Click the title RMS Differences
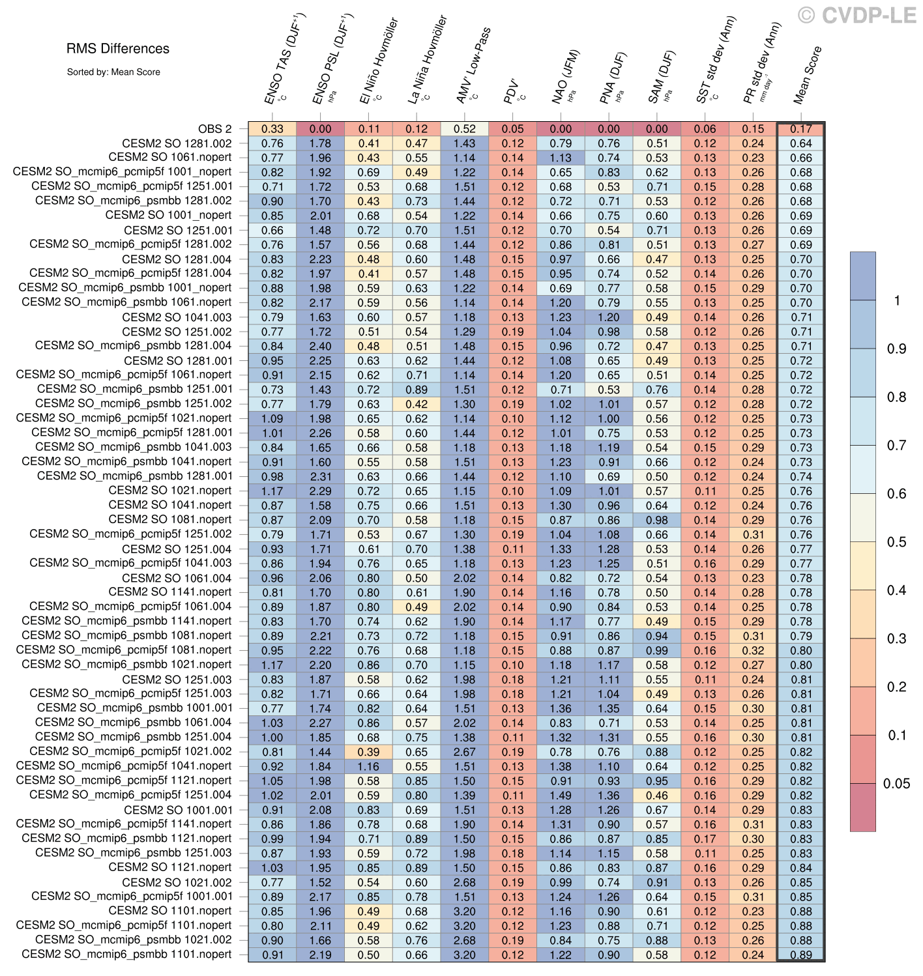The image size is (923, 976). coord(118,49)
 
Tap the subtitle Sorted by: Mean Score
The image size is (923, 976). coord(113,72)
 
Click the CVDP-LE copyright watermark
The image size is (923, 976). coord(857,15)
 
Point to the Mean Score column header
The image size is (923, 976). coord(807,74)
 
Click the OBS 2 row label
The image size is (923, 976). coord(214,129)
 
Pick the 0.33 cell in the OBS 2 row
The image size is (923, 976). coord(272,129)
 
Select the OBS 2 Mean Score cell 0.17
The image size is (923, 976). coord(801,129)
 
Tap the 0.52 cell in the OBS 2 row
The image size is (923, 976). coord(465,129)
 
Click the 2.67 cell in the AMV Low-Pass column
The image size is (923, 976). coord(465,752)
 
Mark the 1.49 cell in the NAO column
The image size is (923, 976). coord(561,796)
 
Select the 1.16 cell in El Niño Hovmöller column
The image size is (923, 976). coord(368,766)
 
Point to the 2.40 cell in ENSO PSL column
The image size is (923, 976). coord(321,347)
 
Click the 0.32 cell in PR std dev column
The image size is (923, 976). coord(753,650)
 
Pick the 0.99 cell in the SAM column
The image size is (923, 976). coord(657,650)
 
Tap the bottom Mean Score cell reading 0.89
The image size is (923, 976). coord(801,955)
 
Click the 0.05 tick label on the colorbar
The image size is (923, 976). coord(896,784)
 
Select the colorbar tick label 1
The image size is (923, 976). coord(898,300)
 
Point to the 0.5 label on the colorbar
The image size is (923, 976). coord(896,542)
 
